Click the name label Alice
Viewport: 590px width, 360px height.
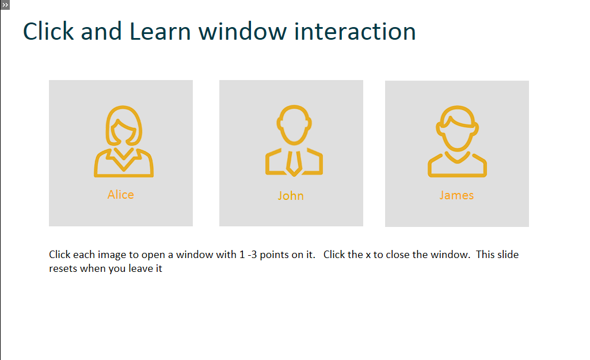tap(121, 194)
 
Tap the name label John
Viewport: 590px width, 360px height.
tap(291, 195)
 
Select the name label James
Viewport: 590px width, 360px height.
tap(456, 195)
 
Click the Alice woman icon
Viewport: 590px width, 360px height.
tap(124, 141)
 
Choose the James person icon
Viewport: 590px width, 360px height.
tap(457, 141)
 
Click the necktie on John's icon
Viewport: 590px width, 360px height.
tap(294, 164)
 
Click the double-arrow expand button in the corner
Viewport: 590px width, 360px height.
tap(5, 5)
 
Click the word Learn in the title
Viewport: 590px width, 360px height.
tap(160, 31)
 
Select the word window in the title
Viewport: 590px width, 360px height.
tap(243, 31)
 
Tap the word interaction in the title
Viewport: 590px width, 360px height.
tap(355, 31)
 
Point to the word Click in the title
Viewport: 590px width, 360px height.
tap(48, 31)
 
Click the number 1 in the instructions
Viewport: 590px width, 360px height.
tap(242, 255)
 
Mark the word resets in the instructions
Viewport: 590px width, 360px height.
tap(63, 268)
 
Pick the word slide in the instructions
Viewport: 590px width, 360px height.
tap(508, 255)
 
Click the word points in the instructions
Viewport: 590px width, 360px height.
tap(274, 255)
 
